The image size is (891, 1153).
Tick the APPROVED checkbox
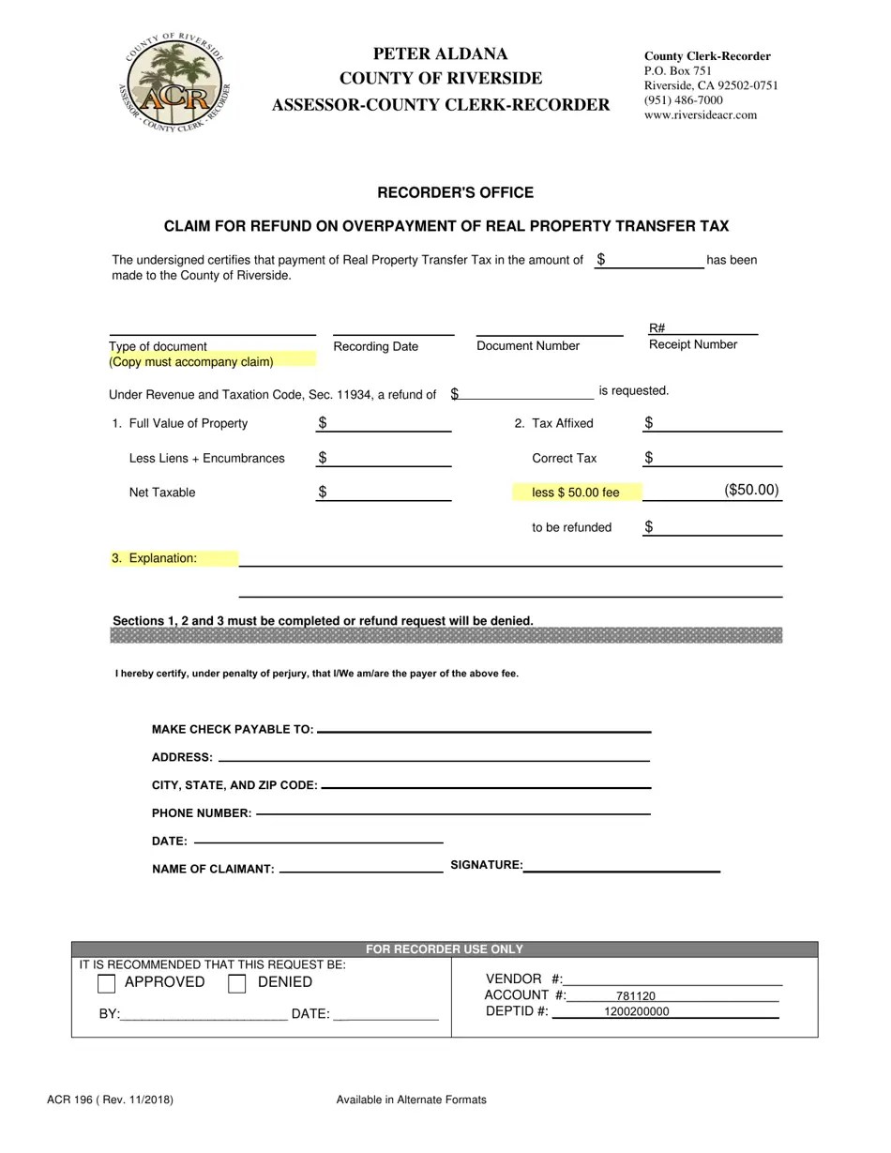click(107, 984)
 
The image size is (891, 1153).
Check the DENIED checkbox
click(237, 984)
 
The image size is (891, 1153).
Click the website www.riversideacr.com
click(700, 115)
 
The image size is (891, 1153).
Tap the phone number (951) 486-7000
click(683, 100)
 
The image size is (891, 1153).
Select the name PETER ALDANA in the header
click(440, 54)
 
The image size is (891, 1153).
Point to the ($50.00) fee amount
click(750, 491)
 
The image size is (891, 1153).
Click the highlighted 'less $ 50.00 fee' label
click(576, 493)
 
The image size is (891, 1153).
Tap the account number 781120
click(635, 996)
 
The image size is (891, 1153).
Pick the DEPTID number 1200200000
click(637, 1012)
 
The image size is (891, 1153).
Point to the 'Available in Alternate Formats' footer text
click(411, 1100)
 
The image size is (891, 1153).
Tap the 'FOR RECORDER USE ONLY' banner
click(445, 949)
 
